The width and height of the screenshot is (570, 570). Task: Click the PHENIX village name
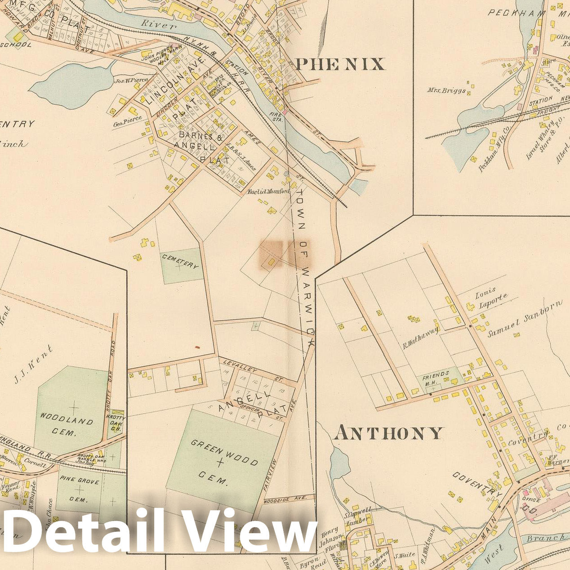pos(340,64)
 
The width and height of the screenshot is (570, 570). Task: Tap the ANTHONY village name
pos(388,433)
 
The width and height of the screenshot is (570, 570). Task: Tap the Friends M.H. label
pos(436,377)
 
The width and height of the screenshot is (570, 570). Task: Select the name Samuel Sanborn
pos(525,319)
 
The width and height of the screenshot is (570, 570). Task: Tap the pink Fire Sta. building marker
pos(284,112)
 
